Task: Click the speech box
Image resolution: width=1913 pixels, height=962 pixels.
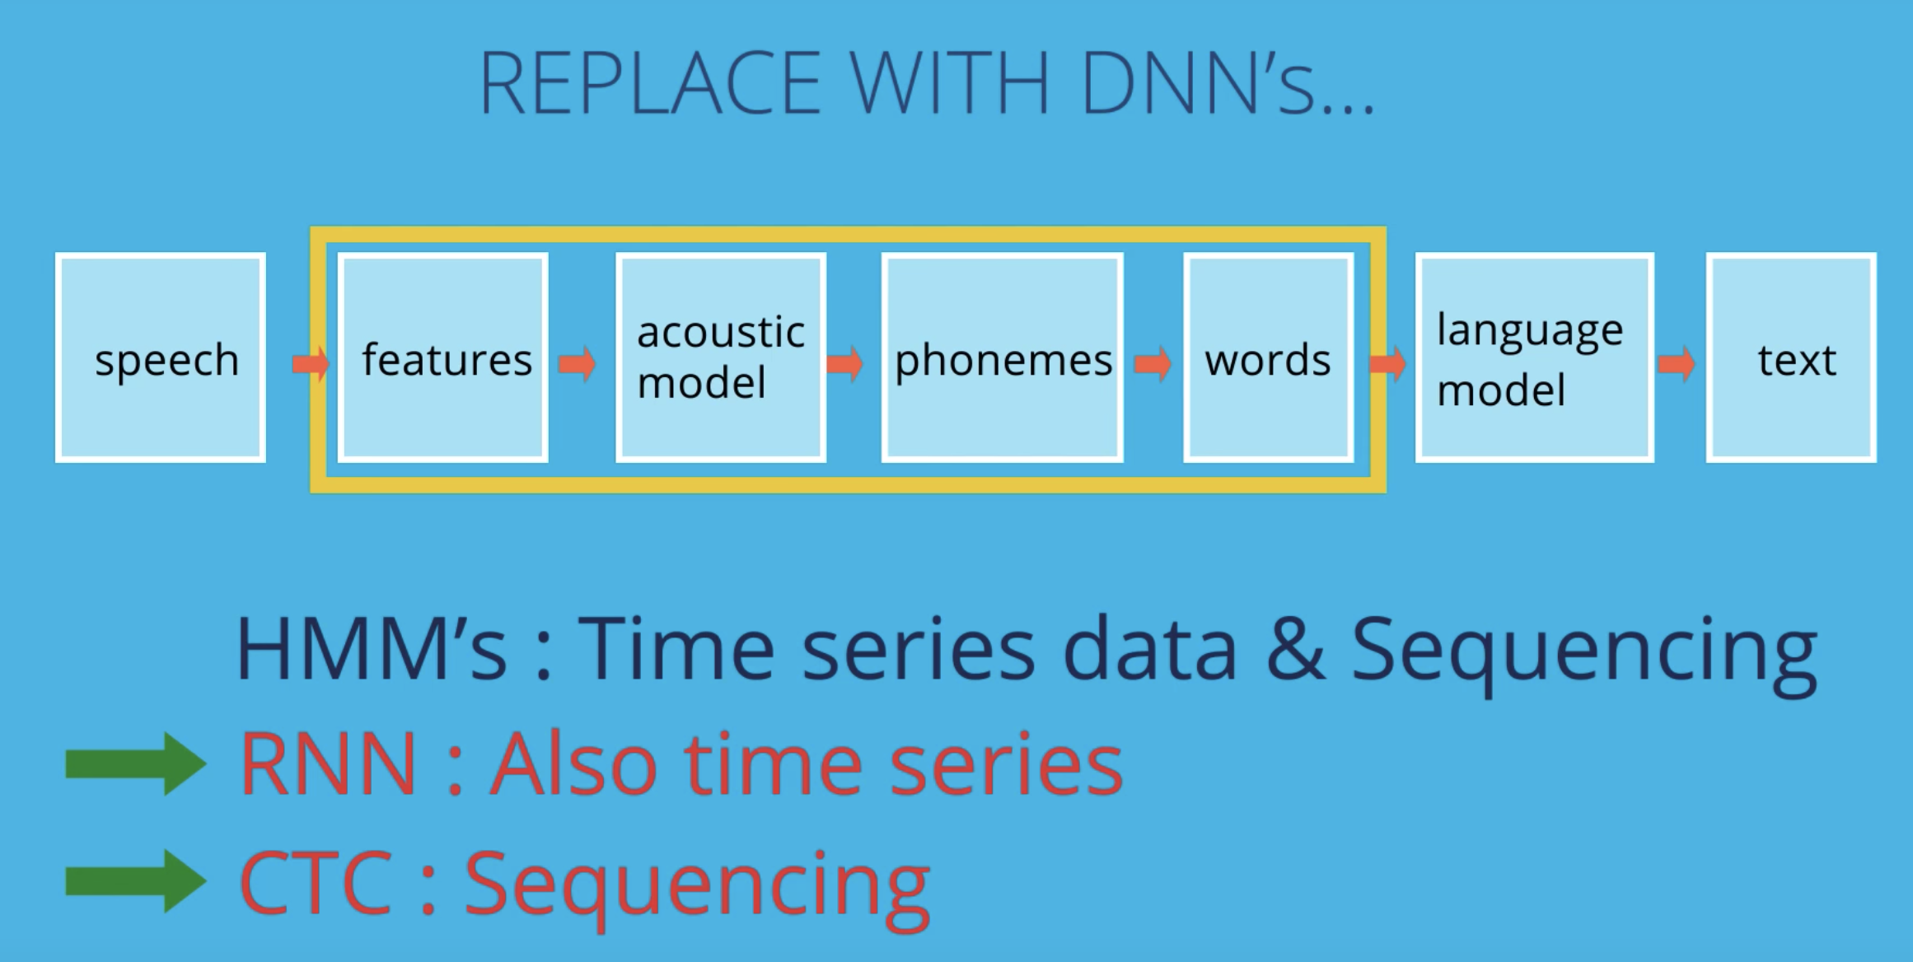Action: (x=161, y=357)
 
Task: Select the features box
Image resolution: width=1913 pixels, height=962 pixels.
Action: (x=443, y=357)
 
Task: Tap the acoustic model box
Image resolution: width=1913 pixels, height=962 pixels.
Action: (x=721, y=357)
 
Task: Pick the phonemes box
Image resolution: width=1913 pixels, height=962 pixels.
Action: (x=1003, y=357)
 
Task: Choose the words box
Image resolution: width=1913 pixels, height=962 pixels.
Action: (x=1269, y=357)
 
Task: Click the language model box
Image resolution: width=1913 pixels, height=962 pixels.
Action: (x=1535, y=357)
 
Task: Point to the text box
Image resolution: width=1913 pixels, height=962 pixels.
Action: (x=1791, y=357)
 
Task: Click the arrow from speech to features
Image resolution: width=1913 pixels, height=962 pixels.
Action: (x=311, y=363)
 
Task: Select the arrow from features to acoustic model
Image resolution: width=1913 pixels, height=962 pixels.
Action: (x=577, y=363)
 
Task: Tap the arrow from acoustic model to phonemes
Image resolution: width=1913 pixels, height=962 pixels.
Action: (x=844, y=363)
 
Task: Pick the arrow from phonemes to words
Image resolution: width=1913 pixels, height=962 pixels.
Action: (x=1153, y=363)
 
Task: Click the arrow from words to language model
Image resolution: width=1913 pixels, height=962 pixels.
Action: (x=1388, y=363)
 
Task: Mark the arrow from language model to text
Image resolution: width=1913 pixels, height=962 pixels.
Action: (x=1677, y=363)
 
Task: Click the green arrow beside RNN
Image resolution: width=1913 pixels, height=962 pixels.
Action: (x=136, y=764)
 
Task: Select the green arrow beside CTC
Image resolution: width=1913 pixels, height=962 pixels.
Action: (x=136, y=881)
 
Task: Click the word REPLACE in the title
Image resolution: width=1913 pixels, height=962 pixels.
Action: (x=650, y=83)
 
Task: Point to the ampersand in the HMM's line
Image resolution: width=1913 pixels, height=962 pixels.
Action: (x=1296, y=649)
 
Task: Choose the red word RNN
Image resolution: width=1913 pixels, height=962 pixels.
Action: (x=328, y=764)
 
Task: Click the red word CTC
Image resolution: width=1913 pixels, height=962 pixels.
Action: (x=316, y=882)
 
